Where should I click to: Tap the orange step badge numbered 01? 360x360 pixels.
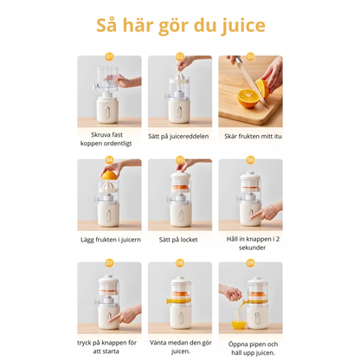click(x=109, y=57)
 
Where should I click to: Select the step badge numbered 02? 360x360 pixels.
click(x=180, y=57)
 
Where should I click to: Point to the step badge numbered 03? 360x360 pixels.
click(x=251, y=57)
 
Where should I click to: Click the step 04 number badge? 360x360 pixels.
click(x=109, y=160)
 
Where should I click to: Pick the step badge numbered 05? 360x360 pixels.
click(x=180, y=160)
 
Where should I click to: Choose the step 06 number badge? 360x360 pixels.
click(x=251, y=160)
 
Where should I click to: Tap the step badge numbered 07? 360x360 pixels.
click(x=109, y=262)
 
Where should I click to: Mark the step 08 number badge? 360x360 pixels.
click(x=180, y=262)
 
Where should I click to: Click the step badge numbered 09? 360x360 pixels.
click(x=251, y=262)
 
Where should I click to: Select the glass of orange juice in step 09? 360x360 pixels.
click(x=237, y=325)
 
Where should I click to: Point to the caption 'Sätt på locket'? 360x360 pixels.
click(x=180, y=238)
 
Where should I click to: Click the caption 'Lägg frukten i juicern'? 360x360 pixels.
click(x=109, y=238)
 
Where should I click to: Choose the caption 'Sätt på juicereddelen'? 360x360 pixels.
click(x=180, y=135)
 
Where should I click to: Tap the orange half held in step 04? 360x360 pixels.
click(x=110, y=174)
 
